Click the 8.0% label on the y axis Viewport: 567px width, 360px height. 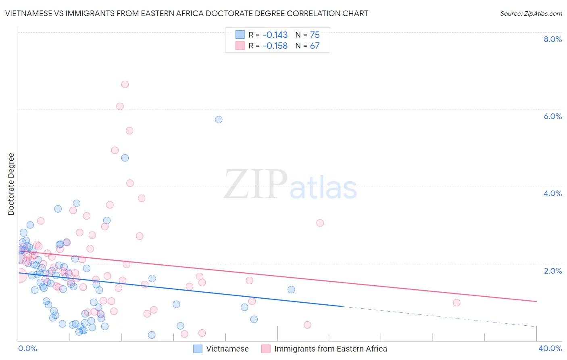point(552,39)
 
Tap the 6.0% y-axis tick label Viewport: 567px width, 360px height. point(552,116)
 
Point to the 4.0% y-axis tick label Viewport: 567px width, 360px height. point(552,193)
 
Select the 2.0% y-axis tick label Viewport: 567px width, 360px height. point(552,271)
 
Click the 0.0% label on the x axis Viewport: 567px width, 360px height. point(27,348)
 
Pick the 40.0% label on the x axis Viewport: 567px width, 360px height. point(550,348)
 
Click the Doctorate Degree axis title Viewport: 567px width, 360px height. point(11,184)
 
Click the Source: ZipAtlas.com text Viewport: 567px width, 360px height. point(531,13)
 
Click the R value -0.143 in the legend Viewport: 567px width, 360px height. point(275,35)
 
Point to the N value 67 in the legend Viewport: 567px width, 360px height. point(315,46)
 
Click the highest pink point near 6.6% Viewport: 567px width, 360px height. point(125,84)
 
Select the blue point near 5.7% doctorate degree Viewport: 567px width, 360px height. point(219,119)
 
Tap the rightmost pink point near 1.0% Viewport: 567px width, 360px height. point(457,303)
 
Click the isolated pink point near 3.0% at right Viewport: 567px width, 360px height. point(320,223)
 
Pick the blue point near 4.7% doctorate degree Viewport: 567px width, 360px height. point(125,158)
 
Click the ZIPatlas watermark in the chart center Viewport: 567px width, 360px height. point(290,185)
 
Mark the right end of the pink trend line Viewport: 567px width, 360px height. point(536,301)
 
